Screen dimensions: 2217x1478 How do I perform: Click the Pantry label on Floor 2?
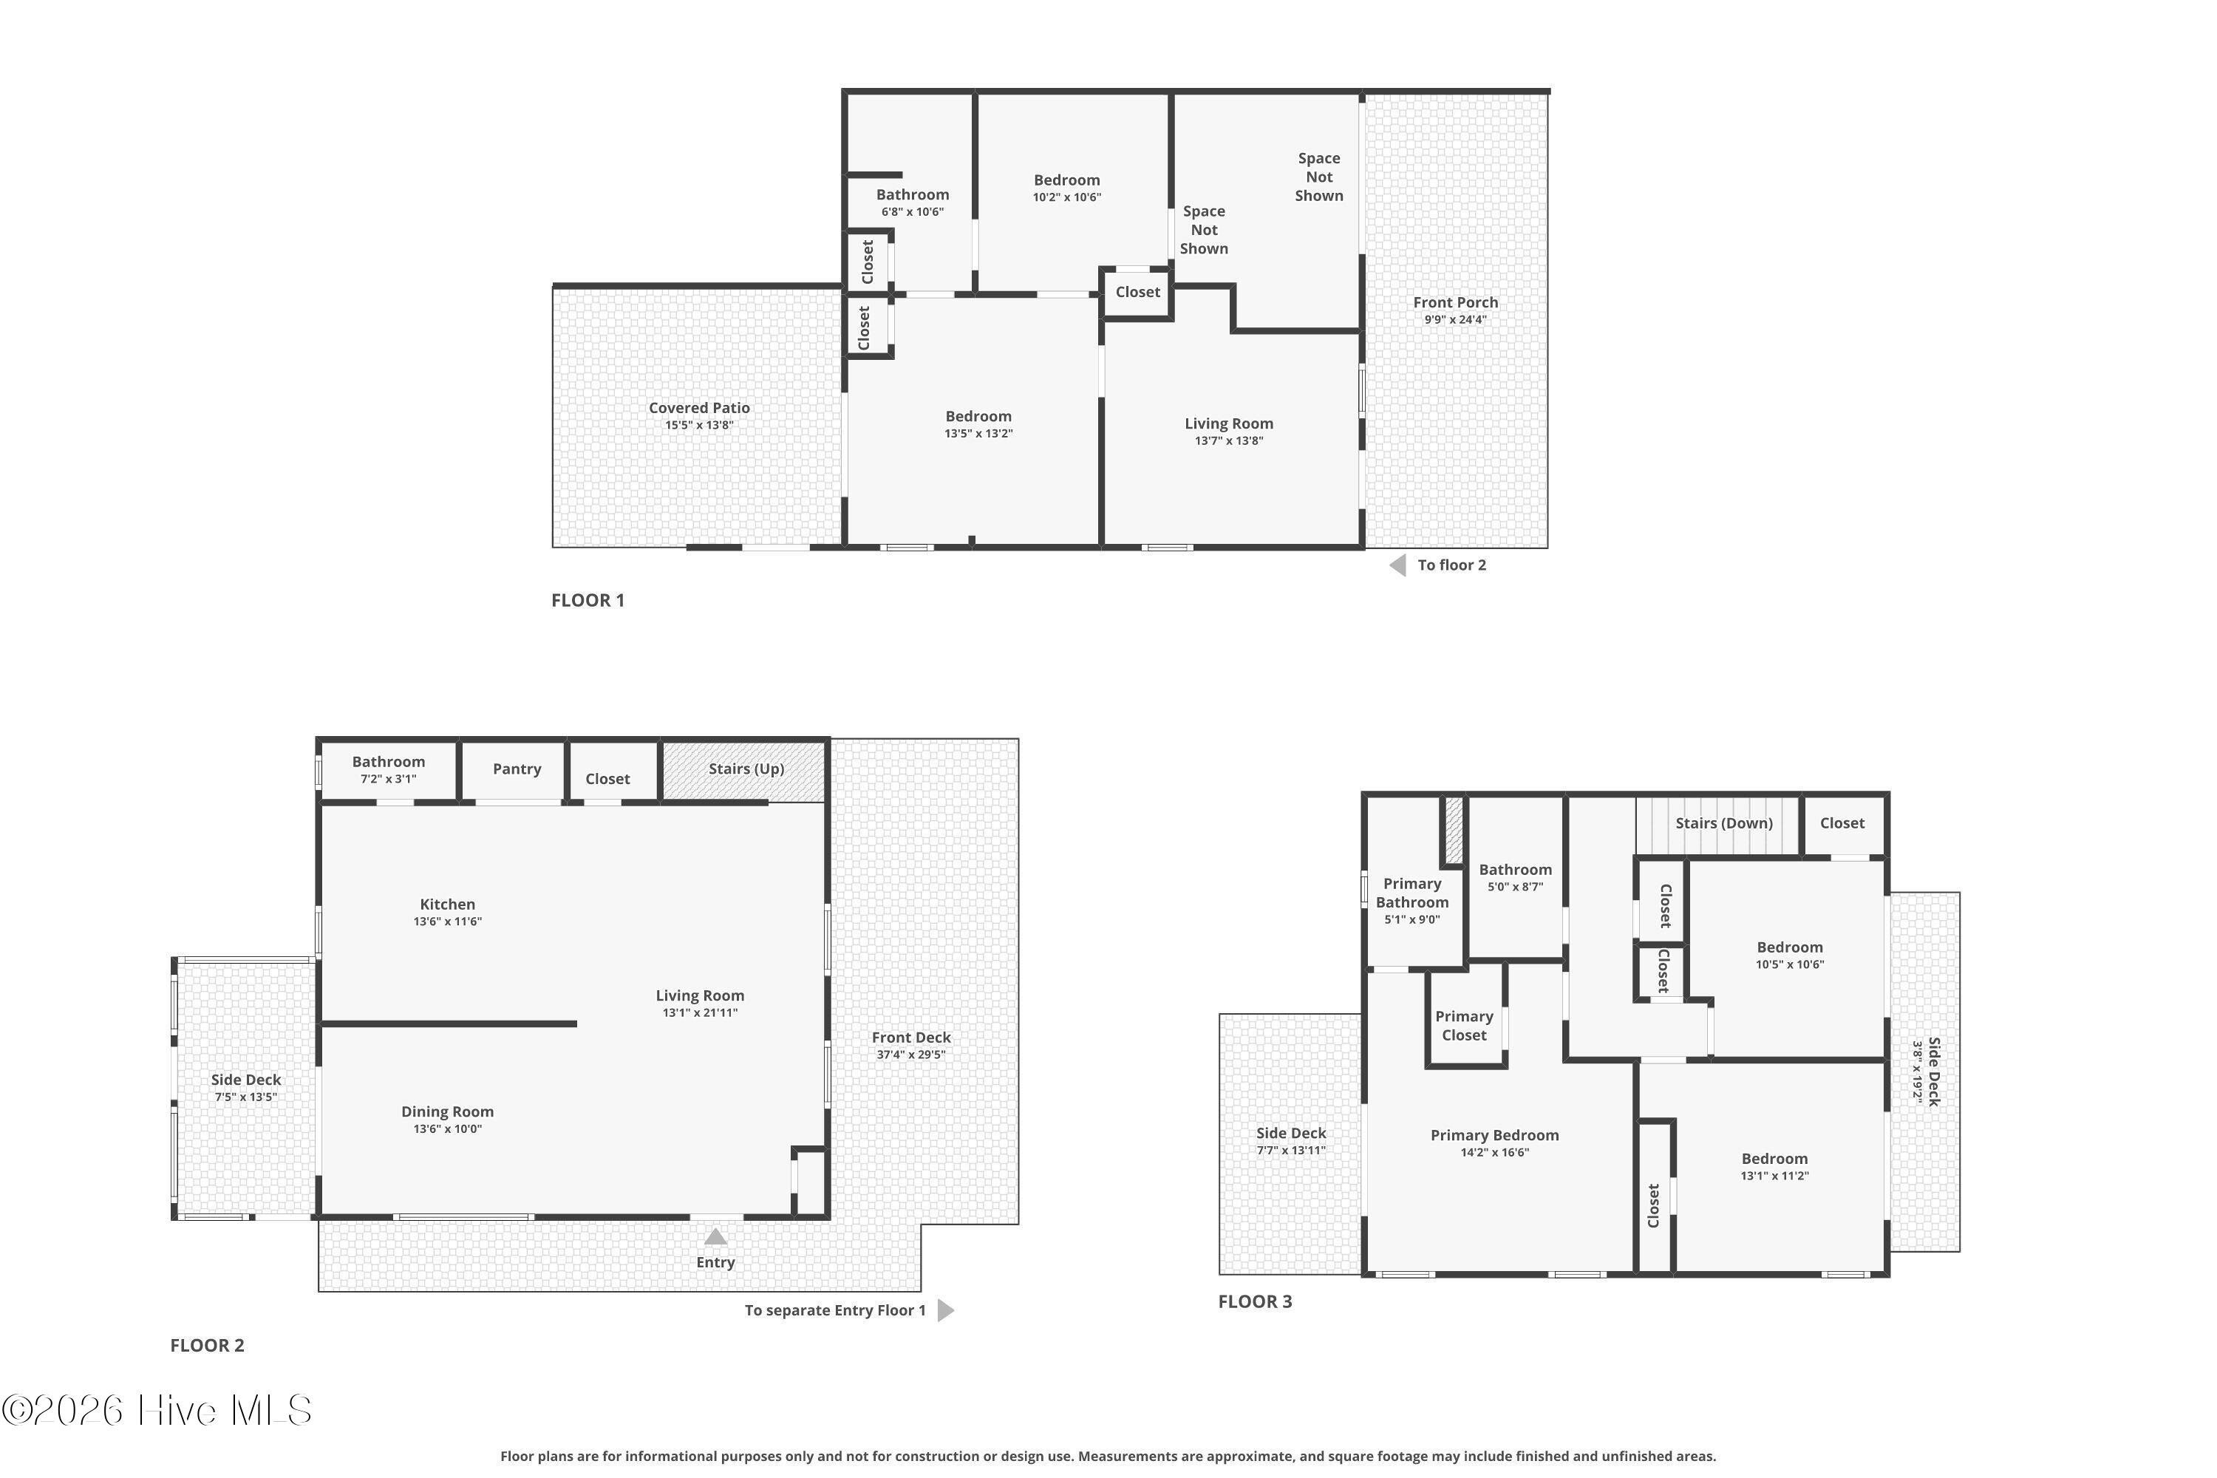coord(517,769)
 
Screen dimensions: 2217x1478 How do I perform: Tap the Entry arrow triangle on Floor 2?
coord(715,1236)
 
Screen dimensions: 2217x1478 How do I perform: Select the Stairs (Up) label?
coord(746,769)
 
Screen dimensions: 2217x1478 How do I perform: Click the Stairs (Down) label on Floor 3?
coord(1724,823)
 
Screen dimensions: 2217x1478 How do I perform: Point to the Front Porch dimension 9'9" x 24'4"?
coord(1455,319)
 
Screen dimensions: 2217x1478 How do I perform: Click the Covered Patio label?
coord(699,408)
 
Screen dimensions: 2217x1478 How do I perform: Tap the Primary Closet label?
coord(1464,1026)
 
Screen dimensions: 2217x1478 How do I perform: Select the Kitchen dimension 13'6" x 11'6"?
coord(448,922)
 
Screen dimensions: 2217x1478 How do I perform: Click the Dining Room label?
coord(448,1112)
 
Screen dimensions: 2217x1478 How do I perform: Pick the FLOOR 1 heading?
coord(588,600)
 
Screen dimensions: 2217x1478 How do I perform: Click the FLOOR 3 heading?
coord(1255,1301)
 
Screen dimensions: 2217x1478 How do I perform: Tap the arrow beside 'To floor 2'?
coord(1398,565)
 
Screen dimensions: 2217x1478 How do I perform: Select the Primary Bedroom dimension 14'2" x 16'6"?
coord(1495,1153)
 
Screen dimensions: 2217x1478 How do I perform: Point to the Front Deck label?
coord(911,1038)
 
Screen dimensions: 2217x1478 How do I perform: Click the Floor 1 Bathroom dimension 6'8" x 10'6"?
coord(913,212)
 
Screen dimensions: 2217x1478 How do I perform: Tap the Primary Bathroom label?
coord(1412,893)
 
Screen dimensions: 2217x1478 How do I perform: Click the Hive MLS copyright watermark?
coord(157,1411)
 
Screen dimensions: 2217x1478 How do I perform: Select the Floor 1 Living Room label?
coord(1229,424)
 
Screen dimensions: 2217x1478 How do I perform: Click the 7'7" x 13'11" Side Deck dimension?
coord(1291,1151)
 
